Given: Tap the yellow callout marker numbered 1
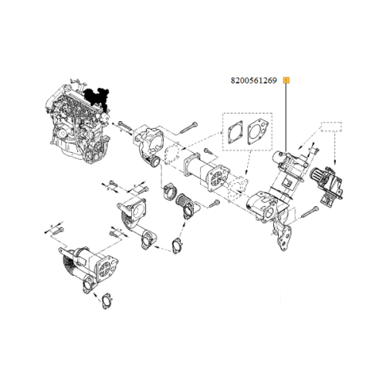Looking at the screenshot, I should [287, 79].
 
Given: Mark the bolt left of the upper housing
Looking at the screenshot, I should [124, 125].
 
